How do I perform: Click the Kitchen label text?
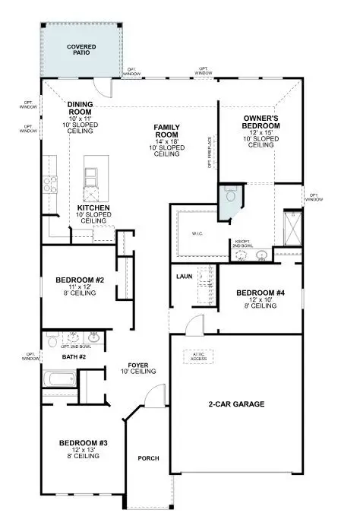coord(94,207)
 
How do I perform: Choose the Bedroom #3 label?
coord(80,443)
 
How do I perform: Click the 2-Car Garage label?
coord(237,404)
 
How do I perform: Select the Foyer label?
coord(137,366)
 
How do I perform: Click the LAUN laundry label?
coord(184,277)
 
